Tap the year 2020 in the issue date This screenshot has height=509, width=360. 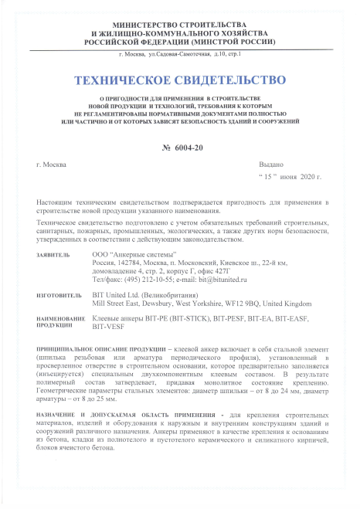coord(309,178)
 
